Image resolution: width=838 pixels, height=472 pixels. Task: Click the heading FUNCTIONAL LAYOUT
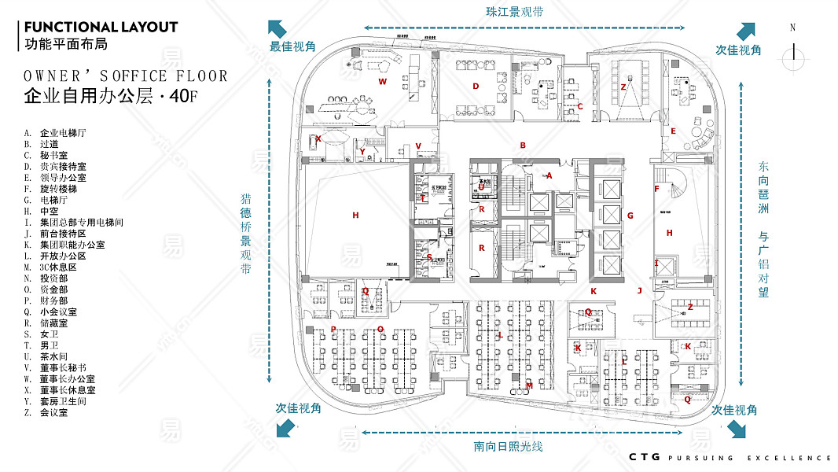pos(101,27)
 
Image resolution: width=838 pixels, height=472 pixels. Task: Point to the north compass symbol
pos(794,50)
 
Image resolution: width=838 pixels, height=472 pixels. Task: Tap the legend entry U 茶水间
pos(50,356)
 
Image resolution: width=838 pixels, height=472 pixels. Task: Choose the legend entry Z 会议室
pos(48,412)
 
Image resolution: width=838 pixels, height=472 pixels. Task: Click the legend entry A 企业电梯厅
pos(55,133)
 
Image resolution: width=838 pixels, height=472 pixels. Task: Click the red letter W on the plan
pos(383,81)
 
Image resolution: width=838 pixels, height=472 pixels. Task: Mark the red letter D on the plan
pos(476,86)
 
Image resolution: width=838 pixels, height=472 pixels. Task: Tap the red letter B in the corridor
pos(522,145)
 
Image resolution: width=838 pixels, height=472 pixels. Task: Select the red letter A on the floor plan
pos(549,175)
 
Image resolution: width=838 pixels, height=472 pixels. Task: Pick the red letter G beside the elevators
pos(630,215)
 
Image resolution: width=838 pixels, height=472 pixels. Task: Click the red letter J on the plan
pos(639,290)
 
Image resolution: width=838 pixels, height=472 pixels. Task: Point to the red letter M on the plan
pos(529,385)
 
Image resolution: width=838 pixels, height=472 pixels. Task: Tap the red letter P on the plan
pos(333,329)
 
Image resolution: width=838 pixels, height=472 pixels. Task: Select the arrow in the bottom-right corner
pos(737,430)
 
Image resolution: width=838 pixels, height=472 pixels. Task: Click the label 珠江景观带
pos(515,13)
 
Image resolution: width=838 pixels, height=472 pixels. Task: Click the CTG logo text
pos(643,457)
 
